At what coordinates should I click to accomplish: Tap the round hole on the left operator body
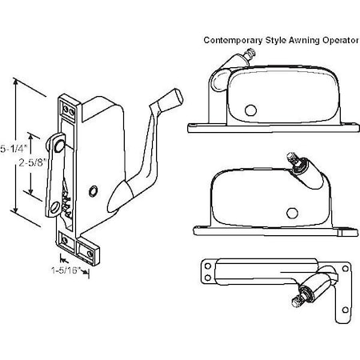tap(94, 190)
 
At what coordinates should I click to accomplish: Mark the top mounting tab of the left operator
tap(67, 102)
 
